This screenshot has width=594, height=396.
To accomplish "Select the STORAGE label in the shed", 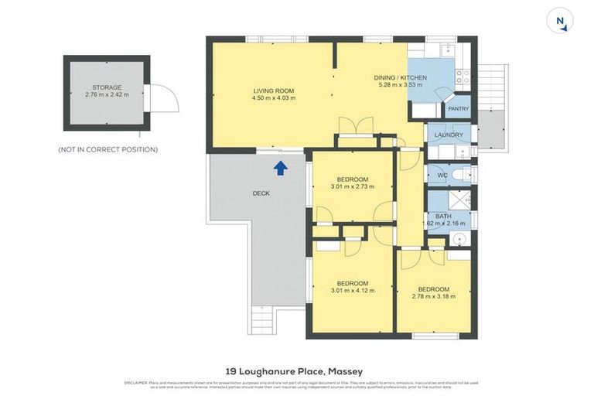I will (107, 87).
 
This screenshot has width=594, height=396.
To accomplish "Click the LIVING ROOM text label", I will (274, 91).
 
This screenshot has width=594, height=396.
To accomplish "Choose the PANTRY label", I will (459, 109).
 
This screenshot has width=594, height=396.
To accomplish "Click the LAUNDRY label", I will (449, 135).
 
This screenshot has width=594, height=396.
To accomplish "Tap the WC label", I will (442, 176).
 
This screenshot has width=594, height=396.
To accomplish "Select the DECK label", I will (261, 193).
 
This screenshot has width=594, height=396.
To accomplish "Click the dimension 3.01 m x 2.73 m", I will (352, 186).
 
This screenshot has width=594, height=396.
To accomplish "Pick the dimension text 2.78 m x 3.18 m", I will (433, 296).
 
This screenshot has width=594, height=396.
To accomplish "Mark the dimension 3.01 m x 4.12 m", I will (352, 290).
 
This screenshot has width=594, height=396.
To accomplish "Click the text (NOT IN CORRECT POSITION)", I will (108, 149).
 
